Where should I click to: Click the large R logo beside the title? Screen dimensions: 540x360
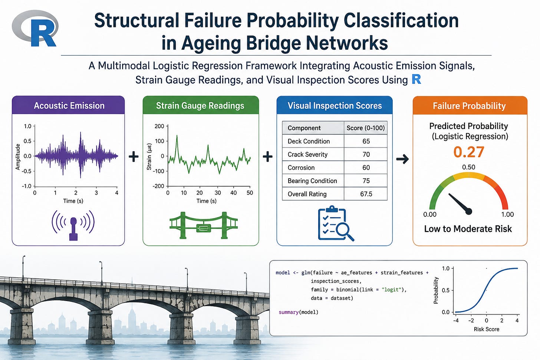coord(35,29)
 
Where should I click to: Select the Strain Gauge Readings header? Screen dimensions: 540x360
coord(201,105)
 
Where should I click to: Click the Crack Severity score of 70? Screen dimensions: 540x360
coord(366,154)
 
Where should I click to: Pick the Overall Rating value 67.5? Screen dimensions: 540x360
coord(366,194)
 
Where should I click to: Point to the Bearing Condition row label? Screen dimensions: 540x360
coord(312,181)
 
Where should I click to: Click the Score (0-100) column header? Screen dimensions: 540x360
coord(365,128)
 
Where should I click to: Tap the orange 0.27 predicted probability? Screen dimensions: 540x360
coord(469,152)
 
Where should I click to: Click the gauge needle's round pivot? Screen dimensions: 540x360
coord(468,211)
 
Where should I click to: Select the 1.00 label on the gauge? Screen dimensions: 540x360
coord(507,214)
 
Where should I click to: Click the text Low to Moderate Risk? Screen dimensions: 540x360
coord(468,229)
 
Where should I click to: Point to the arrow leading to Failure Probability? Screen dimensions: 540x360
coord(402,159)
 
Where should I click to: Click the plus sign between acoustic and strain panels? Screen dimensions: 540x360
coord(134,156)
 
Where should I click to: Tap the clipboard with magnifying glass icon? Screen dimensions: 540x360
coord(336,223)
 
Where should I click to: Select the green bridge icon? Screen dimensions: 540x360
coord(203,225)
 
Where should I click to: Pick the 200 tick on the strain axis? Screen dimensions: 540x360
coord(159,126)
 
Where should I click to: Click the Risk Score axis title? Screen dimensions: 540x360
coord(487,329)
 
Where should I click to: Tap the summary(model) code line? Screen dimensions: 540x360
coord(299,312)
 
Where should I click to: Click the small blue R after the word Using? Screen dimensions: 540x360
coord(416,79)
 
